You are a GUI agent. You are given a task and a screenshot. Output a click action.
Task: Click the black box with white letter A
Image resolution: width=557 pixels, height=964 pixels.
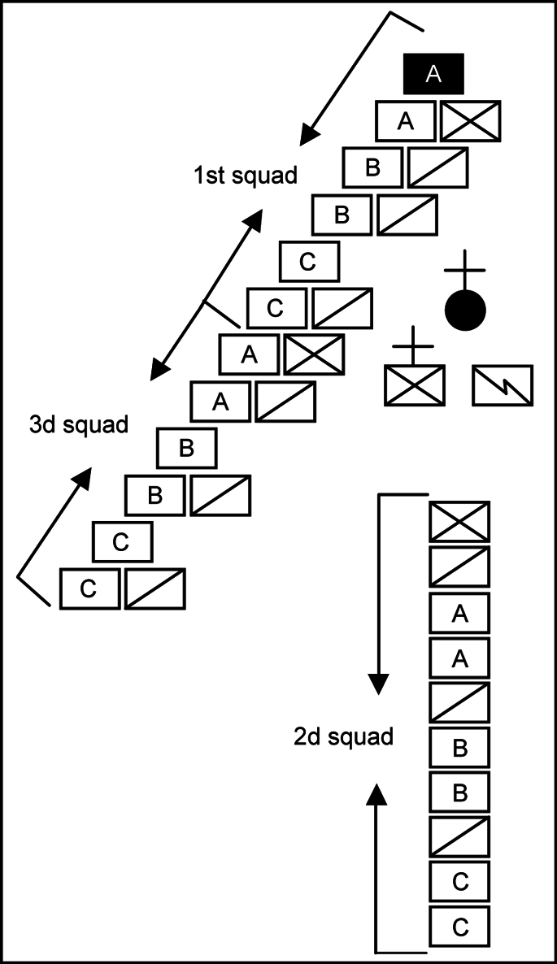(x=433, y=74)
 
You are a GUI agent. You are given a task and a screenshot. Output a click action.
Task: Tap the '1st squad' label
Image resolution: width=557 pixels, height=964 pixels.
(x=245, y=175)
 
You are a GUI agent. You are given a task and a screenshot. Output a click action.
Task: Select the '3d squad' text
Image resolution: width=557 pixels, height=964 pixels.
(x=79, y=424)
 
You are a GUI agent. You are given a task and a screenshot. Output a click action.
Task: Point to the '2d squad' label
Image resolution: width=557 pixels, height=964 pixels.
(x=343, y=736)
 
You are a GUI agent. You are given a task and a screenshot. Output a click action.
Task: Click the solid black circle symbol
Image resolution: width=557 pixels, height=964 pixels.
(x=465, y=310)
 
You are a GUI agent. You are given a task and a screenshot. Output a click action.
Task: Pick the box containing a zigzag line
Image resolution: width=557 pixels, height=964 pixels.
(x=503, y=385)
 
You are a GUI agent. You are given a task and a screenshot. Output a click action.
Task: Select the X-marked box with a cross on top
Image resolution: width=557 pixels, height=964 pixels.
(x=415, y=385)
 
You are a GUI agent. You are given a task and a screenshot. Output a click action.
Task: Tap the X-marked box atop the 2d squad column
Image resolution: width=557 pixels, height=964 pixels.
(x=459, y=522)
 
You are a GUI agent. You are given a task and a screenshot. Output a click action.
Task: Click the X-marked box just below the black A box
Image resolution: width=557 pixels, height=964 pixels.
(x=470, y=121)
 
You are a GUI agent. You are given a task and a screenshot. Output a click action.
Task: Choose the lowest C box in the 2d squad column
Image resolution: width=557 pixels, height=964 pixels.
(x=459, y=926)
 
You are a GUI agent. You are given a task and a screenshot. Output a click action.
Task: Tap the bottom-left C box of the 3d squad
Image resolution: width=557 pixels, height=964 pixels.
(x=89, y=588)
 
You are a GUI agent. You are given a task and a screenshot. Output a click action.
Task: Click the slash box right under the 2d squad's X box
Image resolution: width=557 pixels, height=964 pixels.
(x=459, y=567)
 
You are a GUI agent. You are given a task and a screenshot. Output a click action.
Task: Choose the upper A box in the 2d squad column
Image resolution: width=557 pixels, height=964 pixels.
(x=459, y=613)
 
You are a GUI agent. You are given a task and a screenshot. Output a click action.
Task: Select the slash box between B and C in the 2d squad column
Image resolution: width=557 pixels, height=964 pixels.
(x=459, y=836)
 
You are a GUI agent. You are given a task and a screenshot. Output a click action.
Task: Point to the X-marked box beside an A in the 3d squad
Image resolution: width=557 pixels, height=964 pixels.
(x=314, y=354)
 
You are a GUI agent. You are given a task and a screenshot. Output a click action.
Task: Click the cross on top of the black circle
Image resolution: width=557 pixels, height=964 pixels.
(x=465, y=269)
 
